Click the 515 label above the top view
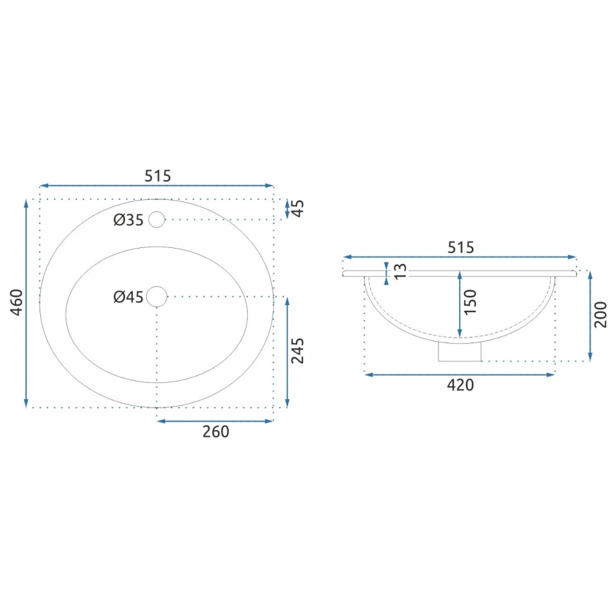click(x=157, y=176)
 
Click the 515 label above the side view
click(x=460, y=247)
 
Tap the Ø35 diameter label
click(x=129, y=220)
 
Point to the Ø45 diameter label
click(x=129, y=297)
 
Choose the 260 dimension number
click(x=215, y=432)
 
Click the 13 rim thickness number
click(x=400, y=271)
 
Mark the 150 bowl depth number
click(x=471, y=302)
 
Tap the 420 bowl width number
click(x=460, y=385)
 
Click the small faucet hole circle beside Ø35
click(x=156, y=220)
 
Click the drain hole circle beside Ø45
click(x=156, y=297)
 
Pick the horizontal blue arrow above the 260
click(x=215, y=421)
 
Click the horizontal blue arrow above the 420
click(x=460, y=374)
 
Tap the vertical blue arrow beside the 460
click(x=26, y=304)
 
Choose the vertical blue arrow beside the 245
click(x=287, y=352)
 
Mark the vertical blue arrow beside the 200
click(x=590, y=316)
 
